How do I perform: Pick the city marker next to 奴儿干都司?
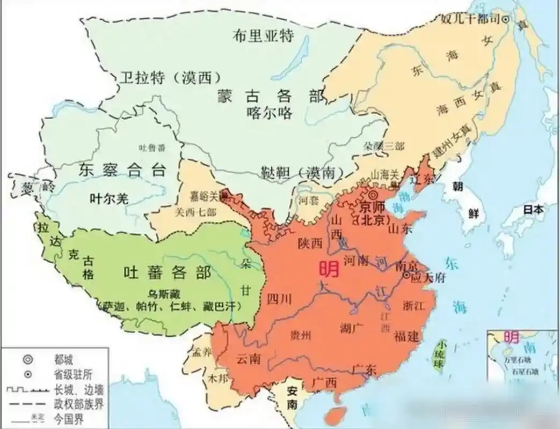505,19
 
